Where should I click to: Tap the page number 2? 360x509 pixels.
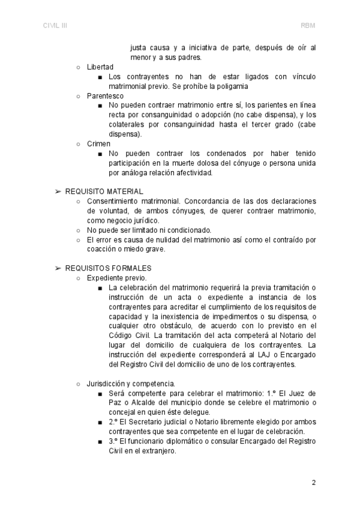click(313, 482)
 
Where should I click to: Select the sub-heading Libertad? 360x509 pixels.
click(100, 67)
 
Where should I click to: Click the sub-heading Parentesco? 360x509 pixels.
click(105, 96)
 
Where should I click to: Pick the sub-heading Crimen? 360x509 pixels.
click(99, 144)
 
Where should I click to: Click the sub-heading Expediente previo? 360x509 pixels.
click(116, 278)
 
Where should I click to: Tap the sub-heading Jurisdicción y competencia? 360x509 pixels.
click(131, 384)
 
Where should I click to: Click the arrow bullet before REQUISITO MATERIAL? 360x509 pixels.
click(58, 191)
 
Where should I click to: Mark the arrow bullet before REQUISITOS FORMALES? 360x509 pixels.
click(58, 268)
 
